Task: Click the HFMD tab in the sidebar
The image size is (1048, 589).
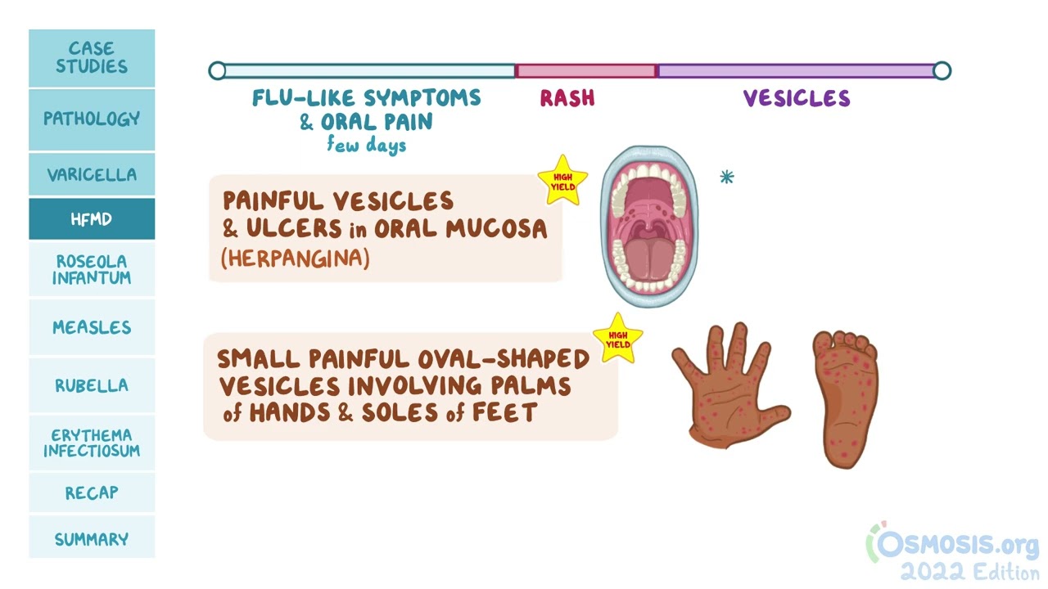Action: (x=92, y=218)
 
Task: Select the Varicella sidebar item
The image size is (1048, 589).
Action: (x=92, y=174)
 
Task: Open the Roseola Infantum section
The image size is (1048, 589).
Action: (x=92, y=269)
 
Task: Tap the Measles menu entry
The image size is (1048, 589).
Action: (x=92, y=327)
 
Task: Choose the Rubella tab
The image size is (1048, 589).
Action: (x=92, y=385)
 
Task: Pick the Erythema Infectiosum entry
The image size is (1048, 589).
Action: (x=92, y=443)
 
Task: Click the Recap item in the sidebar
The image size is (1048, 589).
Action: (x=92, y=492)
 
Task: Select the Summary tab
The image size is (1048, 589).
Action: (x=92, y=539)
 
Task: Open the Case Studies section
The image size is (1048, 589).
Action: (x=92, y=57)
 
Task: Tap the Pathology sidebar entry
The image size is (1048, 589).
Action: (x=92, y=119)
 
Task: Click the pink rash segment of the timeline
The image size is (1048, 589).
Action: (x=585, y=71)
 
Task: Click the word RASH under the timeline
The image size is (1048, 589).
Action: (x=567, y=98)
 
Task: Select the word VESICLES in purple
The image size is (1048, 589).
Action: (x=797, y=98)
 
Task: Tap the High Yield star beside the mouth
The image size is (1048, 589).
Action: (x=562, y=181)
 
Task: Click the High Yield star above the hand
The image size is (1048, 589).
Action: (x=618, y=339)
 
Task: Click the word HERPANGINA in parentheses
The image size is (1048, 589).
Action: (x=296, y=258)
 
